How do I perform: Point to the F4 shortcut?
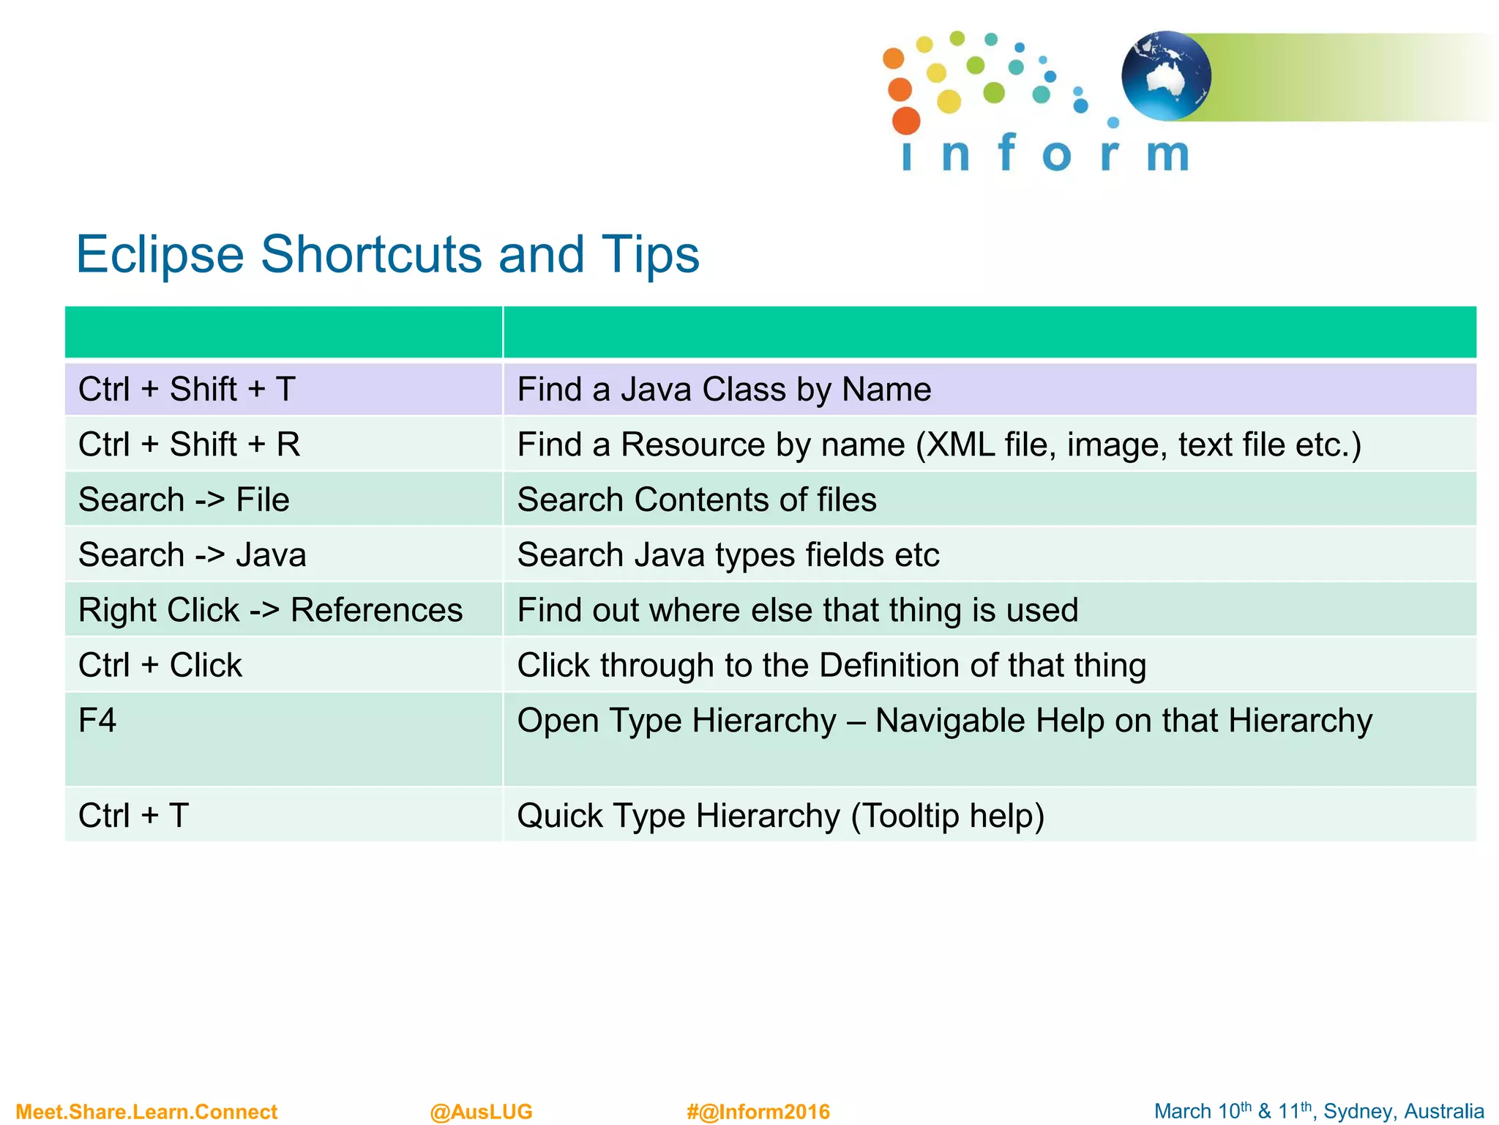point(97,721)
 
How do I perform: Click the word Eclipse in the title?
point(160,255)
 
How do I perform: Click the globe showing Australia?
point(1166,76)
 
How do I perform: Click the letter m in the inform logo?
point(1167,155)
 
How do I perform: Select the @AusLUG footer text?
point(481,1112)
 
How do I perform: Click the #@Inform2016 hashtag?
point(758,1112)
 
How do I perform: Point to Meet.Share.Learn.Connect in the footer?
point(146,1112)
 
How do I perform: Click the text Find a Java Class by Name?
point(724,389)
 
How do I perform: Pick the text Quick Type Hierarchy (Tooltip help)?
point(780,815)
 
